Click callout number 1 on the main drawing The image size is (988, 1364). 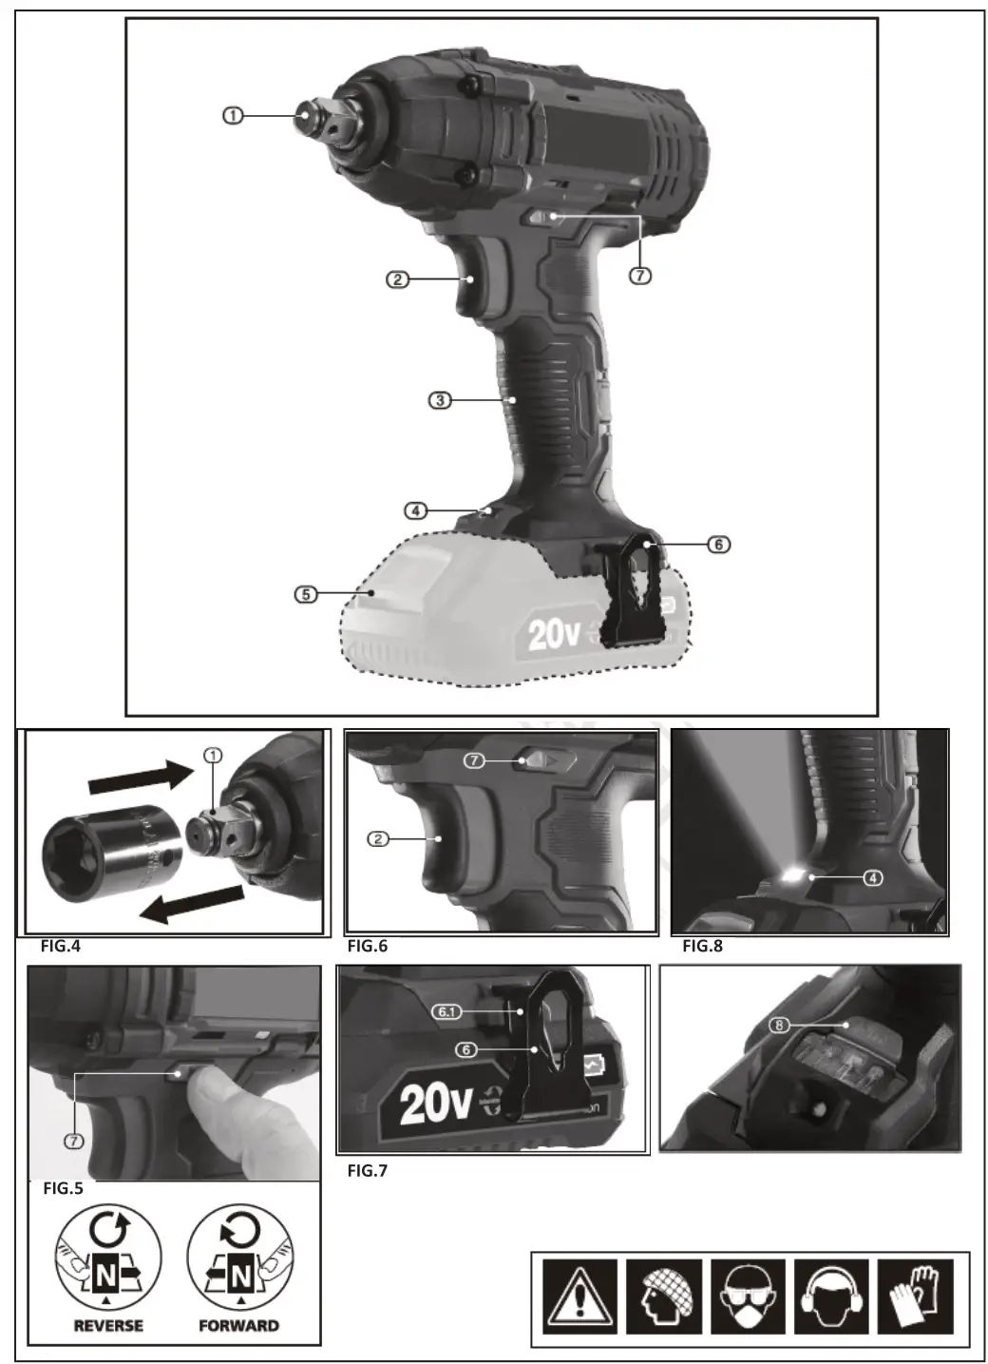click(233, 115)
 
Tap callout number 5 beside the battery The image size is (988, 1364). click(305, 594)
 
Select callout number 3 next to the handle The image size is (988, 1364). click(439, 400)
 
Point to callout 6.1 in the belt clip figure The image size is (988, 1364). click(446, 1011)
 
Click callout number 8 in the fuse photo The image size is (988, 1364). click(779, 1026)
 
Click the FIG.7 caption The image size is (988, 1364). click(368, 1170)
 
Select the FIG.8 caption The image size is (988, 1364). click(703, 946)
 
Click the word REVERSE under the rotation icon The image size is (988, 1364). click(108, 1325)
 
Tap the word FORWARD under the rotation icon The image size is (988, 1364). click(238, 1325)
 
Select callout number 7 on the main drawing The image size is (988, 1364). click(640, 275)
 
